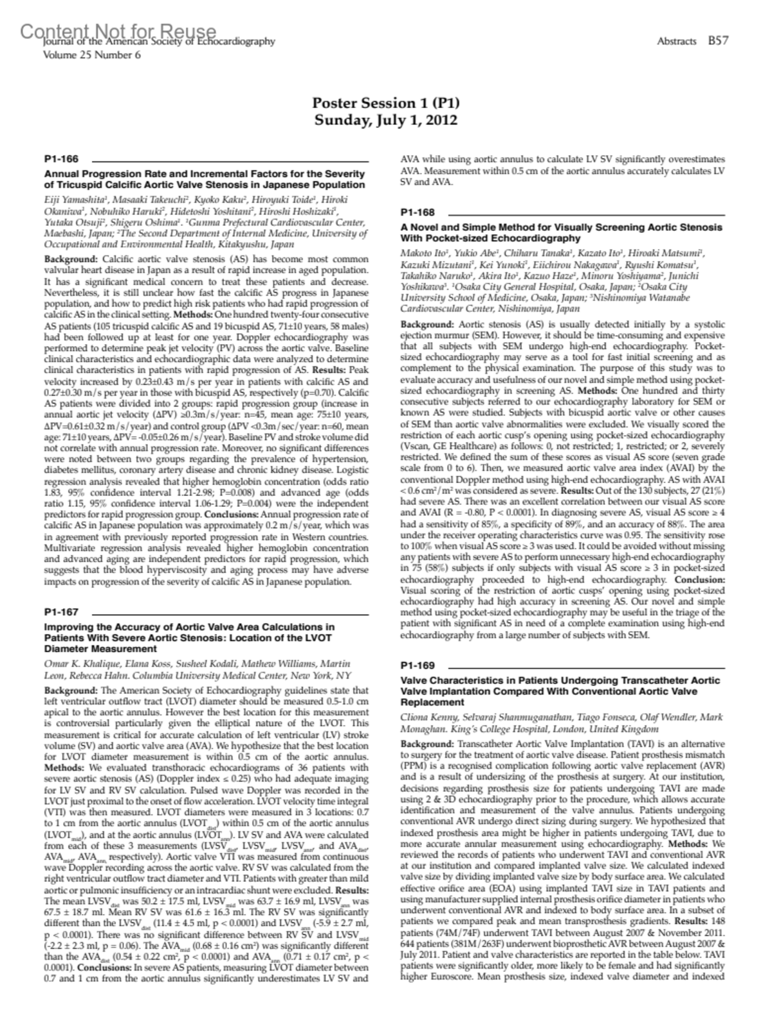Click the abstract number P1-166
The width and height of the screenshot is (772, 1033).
pyautogui.click(x=61, y=159)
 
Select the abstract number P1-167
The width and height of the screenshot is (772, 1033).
pyautogui.click(x=61, y=612)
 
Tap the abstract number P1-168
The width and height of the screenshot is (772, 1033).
pyautogui.click(x=418, y=212)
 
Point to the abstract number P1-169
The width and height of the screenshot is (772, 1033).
pyautogui.click(x=418, y=666)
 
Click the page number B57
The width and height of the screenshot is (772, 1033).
pyautogui.click(x=718, y=41)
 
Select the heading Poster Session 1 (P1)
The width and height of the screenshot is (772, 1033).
pyautogui.click(x=386, y=103)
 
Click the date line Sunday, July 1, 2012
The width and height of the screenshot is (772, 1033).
pyautogui.click(x=386, y=120)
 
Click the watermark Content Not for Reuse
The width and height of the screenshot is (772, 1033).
pyautogui.click(x=118, y=31)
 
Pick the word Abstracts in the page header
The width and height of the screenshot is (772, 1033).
pyautogui.click(x=677, y=41)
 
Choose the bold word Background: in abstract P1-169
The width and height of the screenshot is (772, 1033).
pyautogui.click(x=427, y=744)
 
